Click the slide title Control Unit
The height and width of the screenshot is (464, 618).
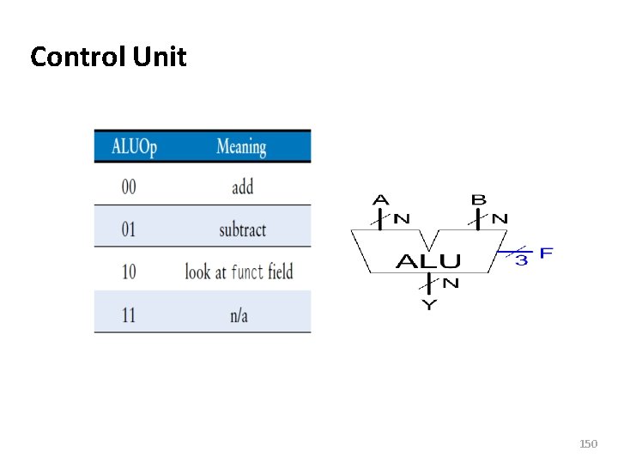[108, 58]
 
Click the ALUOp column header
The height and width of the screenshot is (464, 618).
[134, 147]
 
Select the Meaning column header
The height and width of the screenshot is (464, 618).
[241, 147]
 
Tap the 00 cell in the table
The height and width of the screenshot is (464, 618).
[129, 186]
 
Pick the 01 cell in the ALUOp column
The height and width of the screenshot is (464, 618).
[129, 229]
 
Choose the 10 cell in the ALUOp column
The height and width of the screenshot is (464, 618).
[129, 272]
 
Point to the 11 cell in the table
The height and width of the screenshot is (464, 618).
[129, 315]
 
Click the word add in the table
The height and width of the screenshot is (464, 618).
[242, 186]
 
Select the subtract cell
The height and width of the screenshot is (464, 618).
[242, 229]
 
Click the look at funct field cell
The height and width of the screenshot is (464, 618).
[239, 272]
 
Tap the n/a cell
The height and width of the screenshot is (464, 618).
[239, 315]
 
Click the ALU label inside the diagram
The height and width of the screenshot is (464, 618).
[428, 261]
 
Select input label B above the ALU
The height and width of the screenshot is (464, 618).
[478, 200]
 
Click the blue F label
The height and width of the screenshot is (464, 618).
[547, 253]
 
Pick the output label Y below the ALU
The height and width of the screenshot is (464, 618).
[428, 305]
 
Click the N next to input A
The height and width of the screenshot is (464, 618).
[401, 218]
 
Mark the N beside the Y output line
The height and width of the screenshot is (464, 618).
[451, 284]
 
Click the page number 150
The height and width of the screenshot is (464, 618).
[588, 444]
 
